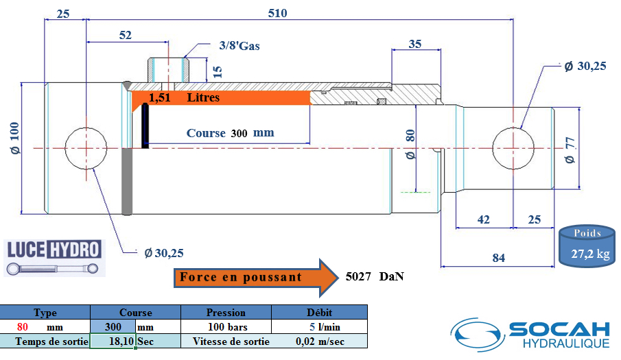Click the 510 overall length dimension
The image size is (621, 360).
[277, 13]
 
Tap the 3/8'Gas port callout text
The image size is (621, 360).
[239, 46]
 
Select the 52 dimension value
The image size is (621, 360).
[125, 35]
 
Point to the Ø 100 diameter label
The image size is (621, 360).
[14, 138]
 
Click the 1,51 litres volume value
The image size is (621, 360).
[160, 97]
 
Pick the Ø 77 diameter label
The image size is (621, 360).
[570, 150]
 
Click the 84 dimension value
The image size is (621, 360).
[499, 258]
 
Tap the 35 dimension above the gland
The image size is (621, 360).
[414, 43]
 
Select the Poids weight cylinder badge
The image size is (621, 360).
[587, 246]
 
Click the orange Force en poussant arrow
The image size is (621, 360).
[256, 278]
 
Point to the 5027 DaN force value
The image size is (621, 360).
[375, 276]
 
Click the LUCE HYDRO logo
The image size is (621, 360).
[54, 258]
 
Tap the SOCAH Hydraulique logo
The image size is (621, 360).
[530, 335]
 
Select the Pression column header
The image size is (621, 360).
[226, 313]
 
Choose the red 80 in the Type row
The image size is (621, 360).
[23, 327]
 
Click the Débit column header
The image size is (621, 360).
[319, 313]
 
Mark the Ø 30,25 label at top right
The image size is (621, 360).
[585, 66]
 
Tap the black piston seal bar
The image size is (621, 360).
[145, 125]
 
